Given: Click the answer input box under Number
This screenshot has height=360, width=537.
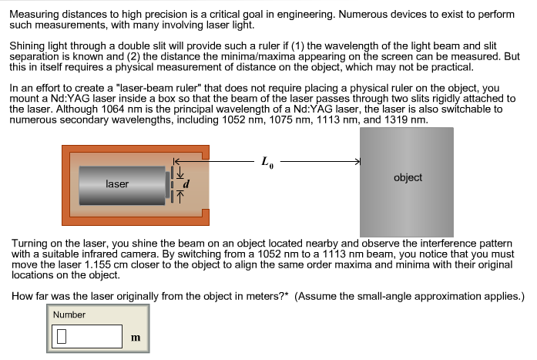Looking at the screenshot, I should pos(87,336).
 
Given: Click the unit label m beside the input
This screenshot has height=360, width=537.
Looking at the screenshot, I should pos(136,338).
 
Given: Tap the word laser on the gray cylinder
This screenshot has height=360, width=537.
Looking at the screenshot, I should pos(117,184).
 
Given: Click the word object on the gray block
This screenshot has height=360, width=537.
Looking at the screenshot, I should pos(408,177).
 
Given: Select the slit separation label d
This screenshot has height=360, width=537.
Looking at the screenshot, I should pos(185,185).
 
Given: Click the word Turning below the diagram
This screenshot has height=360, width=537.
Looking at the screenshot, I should pos(30,242).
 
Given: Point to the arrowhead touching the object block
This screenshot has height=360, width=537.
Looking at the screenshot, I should pos(357,162).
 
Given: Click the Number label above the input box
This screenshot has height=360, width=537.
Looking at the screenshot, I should pos(69,315).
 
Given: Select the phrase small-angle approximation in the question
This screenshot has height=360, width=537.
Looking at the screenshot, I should pos(431,296).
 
